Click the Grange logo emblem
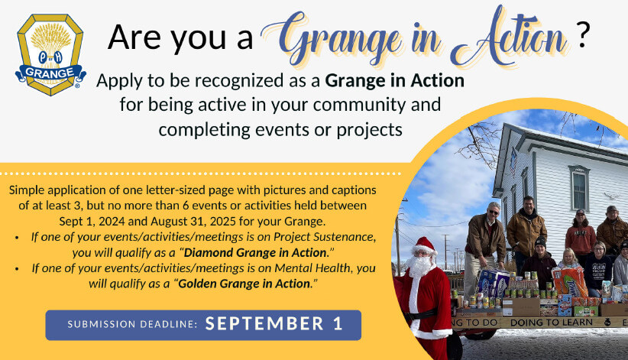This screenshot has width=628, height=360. click(50, 54)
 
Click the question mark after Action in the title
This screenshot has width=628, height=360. click(583, 35)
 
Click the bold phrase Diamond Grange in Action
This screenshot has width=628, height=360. click(255, 252)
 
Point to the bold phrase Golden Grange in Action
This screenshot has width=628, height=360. click(244, 284)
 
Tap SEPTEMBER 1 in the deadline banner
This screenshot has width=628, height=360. click(274, 324)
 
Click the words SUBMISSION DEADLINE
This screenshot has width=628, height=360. click(132, 324)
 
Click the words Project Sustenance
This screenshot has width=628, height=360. click(324, 237)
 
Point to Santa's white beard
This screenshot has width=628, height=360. click(419, 266)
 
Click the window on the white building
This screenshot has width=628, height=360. click(579, 188)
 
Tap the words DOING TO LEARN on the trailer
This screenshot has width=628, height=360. click(552, 323)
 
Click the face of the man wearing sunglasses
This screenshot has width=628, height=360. click(494, 212)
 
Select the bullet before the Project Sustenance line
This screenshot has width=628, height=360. click(16, 238)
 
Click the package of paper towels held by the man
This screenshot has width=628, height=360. click(493, 282)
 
